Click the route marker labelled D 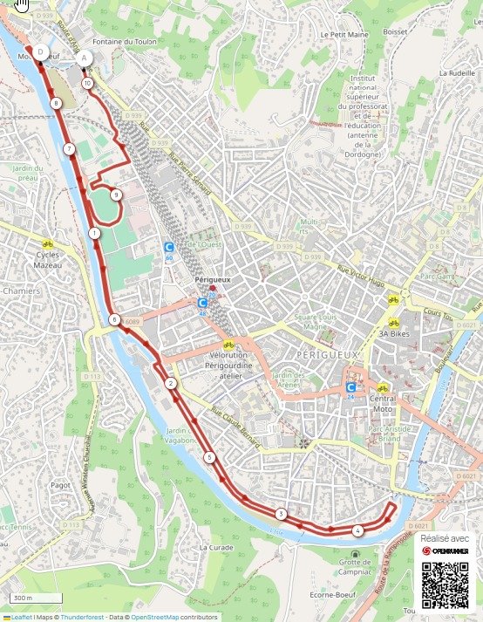coord(40,52)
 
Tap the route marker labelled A coord(85,58)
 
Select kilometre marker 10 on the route coord(87,83)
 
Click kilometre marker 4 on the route coord(357,530)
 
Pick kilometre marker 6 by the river coord(114,320)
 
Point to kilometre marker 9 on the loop coord(116,195)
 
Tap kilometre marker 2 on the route coord(171,384)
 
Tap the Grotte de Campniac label coord(354,571)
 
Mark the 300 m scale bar coord(37,598)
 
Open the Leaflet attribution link coord(17,617)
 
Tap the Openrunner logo coord(445,551)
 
